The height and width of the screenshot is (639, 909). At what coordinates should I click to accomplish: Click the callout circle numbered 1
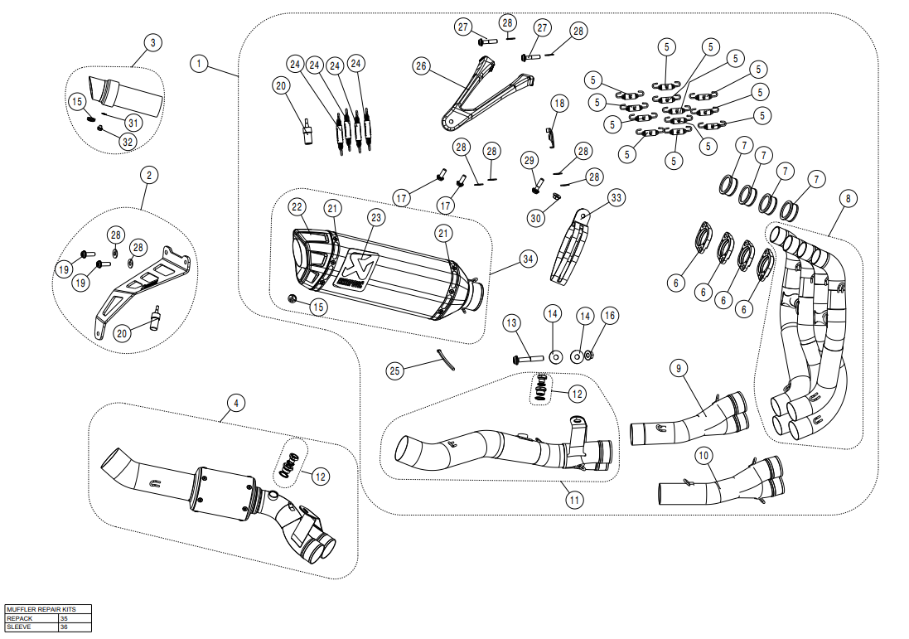point(199,63)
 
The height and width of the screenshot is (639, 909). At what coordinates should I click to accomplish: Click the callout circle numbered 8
point(847,198)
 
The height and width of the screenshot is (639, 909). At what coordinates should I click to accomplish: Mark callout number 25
point(395,371)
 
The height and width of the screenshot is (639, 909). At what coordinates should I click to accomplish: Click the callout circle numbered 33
point(616,197)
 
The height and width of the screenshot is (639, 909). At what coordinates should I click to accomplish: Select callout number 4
point(236,404)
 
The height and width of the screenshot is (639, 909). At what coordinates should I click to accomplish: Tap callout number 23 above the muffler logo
point(375,217)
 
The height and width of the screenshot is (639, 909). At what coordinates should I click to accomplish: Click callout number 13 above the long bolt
point(511,322)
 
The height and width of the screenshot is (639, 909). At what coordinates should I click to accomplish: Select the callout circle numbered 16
point(609,315)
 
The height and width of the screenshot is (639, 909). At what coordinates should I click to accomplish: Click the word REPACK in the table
point(20,618)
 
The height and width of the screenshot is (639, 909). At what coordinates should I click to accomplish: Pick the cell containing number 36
point(65,627)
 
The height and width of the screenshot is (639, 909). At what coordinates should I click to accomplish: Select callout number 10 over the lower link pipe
point(703,455)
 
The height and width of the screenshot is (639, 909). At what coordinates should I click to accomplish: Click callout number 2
point(149,175)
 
